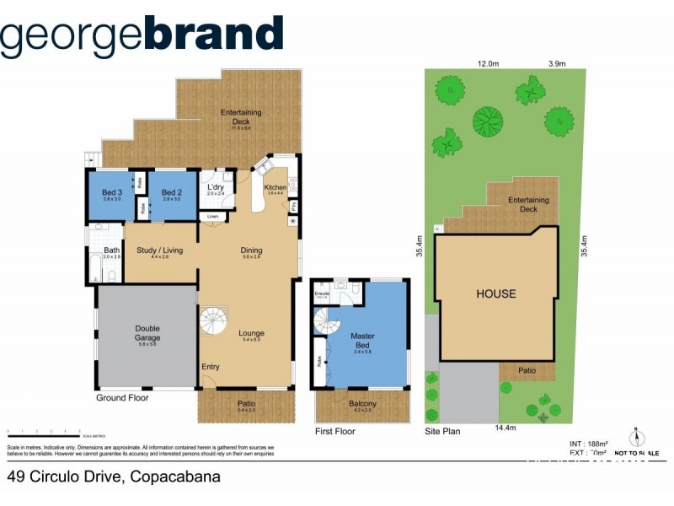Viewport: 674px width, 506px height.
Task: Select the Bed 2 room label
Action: tap(172, 192)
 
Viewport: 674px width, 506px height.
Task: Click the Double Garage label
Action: tap(147, 333)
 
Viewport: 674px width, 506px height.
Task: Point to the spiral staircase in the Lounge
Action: tap(213, 321)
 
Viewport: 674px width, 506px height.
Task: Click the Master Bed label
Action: tap(362, 341)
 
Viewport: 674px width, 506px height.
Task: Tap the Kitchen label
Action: tap(275, 187)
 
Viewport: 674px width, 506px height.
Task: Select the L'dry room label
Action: tap(217, 187)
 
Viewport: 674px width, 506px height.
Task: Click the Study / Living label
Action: tap(160, 250)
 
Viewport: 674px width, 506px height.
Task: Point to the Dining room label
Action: tap(251, 250)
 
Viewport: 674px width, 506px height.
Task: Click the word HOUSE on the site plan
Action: tap(496, 294)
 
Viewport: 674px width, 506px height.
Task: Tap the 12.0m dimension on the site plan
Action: tap(489, 63)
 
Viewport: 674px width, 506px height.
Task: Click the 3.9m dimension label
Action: tap(557, 63)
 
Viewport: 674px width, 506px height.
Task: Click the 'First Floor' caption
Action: tap(334, 431)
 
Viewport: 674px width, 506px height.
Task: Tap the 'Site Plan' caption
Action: tap(442, 431)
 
